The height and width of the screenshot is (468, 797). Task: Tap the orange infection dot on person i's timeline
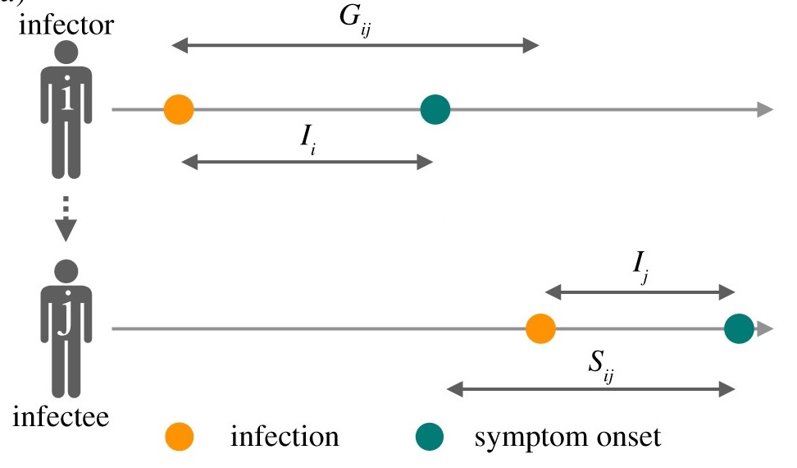(x=178, y=109)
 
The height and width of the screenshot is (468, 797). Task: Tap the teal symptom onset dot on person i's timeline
(x=435, y=109)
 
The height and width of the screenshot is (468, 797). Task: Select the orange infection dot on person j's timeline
(x=540, y=329)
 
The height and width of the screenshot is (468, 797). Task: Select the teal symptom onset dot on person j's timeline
(x=739, y=329)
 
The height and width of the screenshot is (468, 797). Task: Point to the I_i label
(x=306, y=142)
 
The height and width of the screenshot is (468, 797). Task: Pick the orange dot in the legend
(x=179, y=436)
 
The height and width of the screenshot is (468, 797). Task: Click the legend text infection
(x=285, y=436)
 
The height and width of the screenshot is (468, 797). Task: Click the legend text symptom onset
(x=567, y=436)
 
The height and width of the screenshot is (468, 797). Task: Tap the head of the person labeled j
(x=66, y=272)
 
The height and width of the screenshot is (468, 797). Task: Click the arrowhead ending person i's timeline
(x=764, y=109)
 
